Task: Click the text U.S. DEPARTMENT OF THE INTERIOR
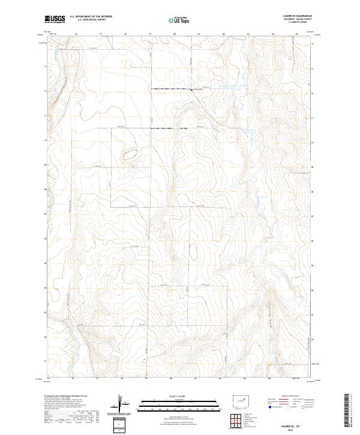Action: pos(91,17)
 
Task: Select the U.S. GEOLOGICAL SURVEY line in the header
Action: pos(91,20)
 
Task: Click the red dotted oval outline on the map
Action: pos(130,154)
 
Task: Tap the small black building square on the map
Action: pos(191,91)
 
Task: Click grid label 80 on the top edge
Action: pos(174,35)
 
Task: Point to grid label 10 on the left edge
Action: pos(46,140)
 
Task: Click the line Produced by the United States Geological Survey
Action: pos(66,396)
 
